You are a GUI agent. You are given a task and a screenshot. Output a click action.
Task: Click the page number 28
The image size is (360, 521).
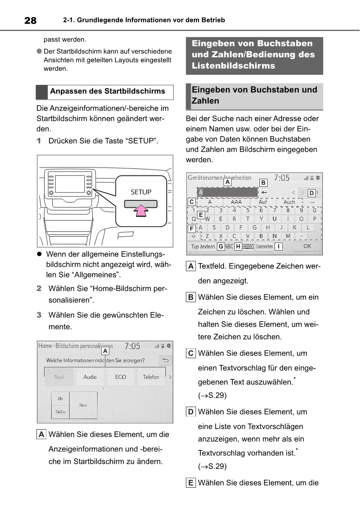(x=30, y=20)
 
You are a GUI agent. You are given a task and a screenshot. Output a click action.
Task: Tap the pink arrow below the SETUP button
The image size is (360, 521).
(x=140, y=211)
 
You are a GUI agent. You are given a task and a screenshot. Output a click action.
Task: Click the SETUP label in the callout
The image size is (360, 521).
(x=141, y=192)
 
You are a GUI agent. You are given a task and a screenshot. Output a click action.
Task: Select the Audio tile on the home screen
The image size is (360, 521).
(x=90, y=377)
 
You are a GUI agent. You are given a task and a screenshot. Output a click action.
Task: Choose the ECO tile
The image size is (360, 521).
(x=120, y=377)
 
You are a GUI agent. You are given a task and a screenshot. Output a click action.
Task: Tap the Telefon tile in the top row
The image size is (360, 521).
(x=151, y=377)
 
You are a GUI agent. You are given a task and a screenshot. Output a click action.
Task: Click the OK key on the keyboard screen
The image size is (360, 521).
(x=307, y=246)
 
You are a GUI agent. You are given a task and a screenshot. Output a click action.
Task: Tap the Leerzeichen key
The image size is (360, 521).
(x=265, y=247)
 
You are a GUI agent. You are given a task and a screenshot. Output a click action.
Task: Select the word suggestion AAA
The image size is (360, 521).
(x=236, y=202)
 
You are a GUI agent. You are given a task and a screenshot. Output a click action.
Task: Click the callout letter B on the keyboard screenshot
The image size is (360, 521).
(x=263, y=182)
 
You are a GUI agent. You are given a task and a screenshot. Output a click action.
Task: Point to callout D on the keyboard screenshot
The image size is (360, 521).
(x=311, y=193)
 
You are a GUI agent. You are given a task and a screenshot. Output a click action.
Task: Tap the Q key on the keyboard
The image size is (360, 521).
(x=194, y=219)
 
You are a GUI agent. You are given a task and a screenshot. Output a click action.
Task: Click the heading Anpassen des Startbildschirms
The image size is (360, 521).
(x=108, y=91)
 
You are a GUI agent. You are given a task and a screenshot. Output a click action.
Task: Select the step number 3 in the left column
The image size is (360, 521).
(x=39, y=315)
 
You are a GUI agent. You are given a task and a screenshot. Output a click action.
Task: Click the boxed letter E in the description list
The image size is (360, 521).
(x=191, y=483)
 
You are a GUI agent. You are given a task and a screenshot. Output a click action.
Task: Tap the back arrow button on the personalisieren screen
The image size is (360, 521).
(x=165, y=361)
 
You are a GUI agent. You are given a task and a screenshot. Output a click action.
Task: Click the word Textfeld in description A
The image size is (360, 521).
(x=212, y=266)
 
